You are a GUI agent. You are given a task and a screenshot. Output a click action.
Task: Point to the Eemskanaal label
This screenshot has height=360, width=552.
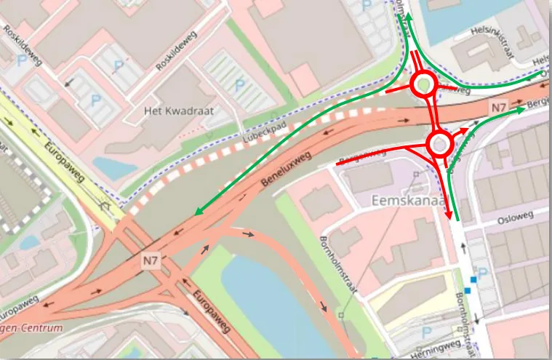click(x=409, y=199)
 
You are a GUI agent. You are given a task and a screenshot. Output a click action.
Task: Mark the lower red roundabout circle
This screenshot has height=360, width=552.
click(x=440, y=144)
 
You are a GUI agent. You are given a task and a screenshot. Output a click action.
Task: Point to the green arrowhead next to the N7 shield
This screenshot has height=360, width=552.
click(x=521, y=111)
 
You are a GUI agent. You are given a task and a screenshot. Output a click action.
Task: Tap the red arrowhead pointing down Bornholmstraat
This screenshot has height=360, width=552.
click(x=448, y=216)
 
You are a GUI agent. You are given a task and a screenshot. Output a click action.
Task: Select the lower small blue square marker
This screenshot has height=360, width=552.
click(x=468, y=290)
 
